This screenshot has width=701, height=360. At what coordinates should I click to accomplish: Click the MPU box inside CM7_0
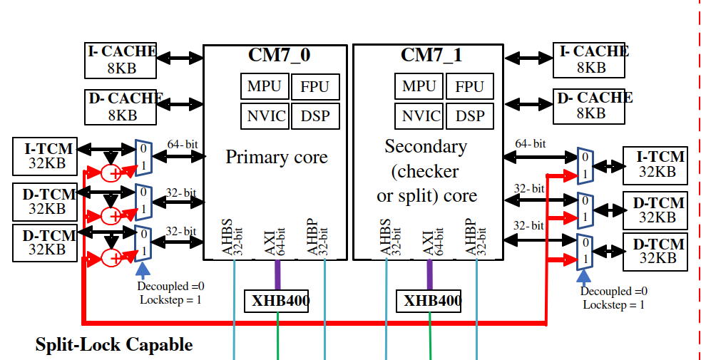pos(265,86)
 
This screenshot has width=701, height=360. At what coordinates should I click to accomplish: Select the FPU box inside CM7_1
pos(470,86)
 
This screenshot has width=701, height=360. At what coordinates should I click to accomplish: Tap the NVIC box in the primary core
pos(265,116)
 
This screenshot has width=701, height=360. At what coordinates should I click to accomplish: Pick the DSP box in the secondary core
pos(470,116)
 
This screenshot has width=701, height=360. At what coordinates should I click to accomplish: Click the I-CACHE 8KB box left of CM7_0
pos(121,61)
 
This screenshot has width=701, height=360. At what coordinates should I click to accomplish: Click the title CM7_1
pos(431,55)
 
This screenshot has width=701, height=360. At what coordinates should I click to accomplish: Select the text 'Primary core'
pos(277,157)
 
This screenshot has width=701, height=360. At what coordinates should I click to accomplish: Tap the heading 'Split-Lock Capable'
pos(114,345)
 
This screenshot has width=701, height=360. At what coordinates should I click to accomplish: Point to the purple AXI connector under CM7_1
pos(430,274)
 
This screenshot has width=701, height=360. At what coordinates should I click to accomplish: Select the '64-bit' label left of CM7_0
pos(182,145)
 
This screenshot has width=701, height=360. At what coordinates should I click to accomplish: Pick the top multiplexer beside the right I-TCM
pos(585,165)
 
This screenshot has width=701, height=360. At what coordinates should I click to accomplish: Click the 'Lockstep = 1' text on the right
pos(613,304)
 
